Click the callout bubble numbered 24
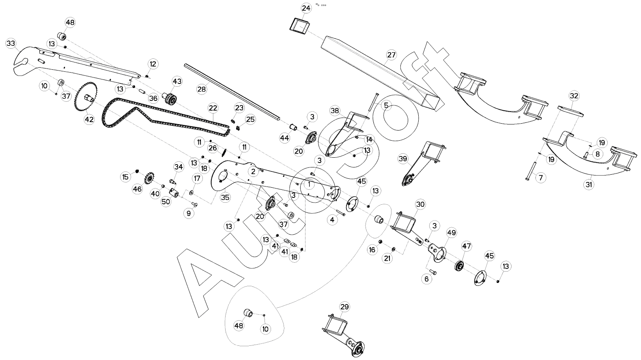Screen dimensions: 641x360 (x=306, y=8)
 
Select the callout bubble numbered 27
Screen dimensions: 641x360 (x=391, y=55)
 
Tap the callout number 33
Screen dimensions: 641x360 (x=11, y=43)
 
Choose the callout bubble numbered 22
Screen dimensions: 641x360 (x=213, y=108)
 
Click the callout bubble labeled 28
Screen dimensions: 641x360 (x=202, y=89)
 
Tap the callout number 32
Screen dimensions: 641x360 (x=574, y=96)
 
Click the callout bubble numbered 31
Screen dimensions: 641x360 (x=589, y=184)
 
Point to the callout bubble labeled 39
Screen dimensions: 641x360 (x=403, y=159)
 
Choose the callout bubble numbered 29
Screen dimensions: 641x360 (x=344, y=307)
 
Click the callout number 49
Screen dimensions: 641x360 (x=452, y=233)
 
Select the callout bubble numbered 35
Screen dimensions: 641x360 (x=225, y=197)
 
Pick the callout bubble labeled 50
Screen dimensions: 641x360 (x=166, y=201)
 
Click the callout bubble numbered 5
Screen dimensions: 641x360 (x=386, y=105)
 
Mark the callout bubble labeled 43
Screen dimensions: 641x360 (x=177, y=81)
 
